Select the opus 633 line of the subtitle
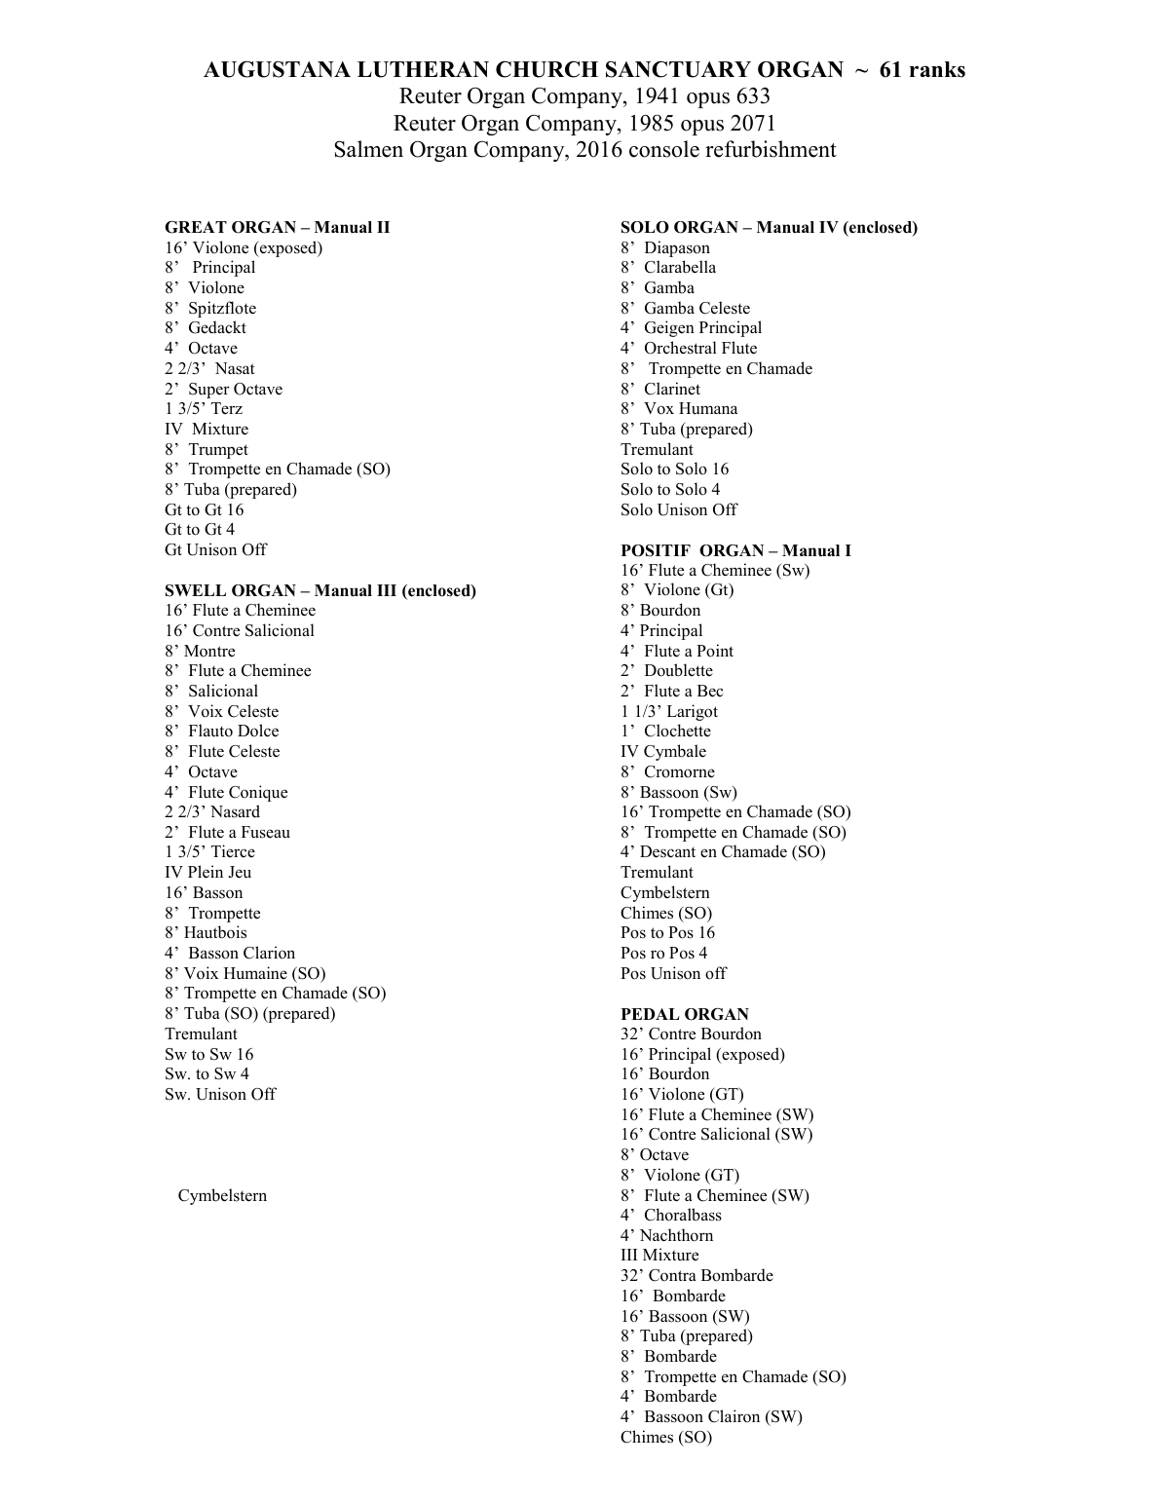tap(584, 96)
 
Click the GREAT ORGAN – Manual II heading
tap(277, 228)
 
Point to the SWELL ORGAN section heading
tap(320, 590)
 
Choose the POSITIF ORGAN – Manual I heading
tap(735, 550)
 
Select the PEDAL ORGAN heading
tap(684, 1014)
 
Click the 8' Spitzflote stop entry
tap(210, 308)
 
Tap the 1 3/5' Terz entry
tap(204, 409)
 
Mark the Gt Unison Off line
tap(215, 549)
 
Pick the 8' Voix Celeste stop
tap(222, 711)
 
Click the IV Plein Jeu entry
tap(207, 872)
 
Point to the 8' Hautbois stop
tap(206, 932)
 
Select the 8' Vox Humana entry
tap(679, 409)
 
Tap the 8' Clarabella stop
tap(668, 268)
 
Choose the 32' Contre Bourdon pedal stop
tap(691, 1033)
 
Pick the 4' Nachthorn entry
tap(666, 1235)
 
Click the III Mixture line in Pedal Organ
tap(659, 1256)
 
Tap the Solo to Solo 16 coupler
tap(674, 470)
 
